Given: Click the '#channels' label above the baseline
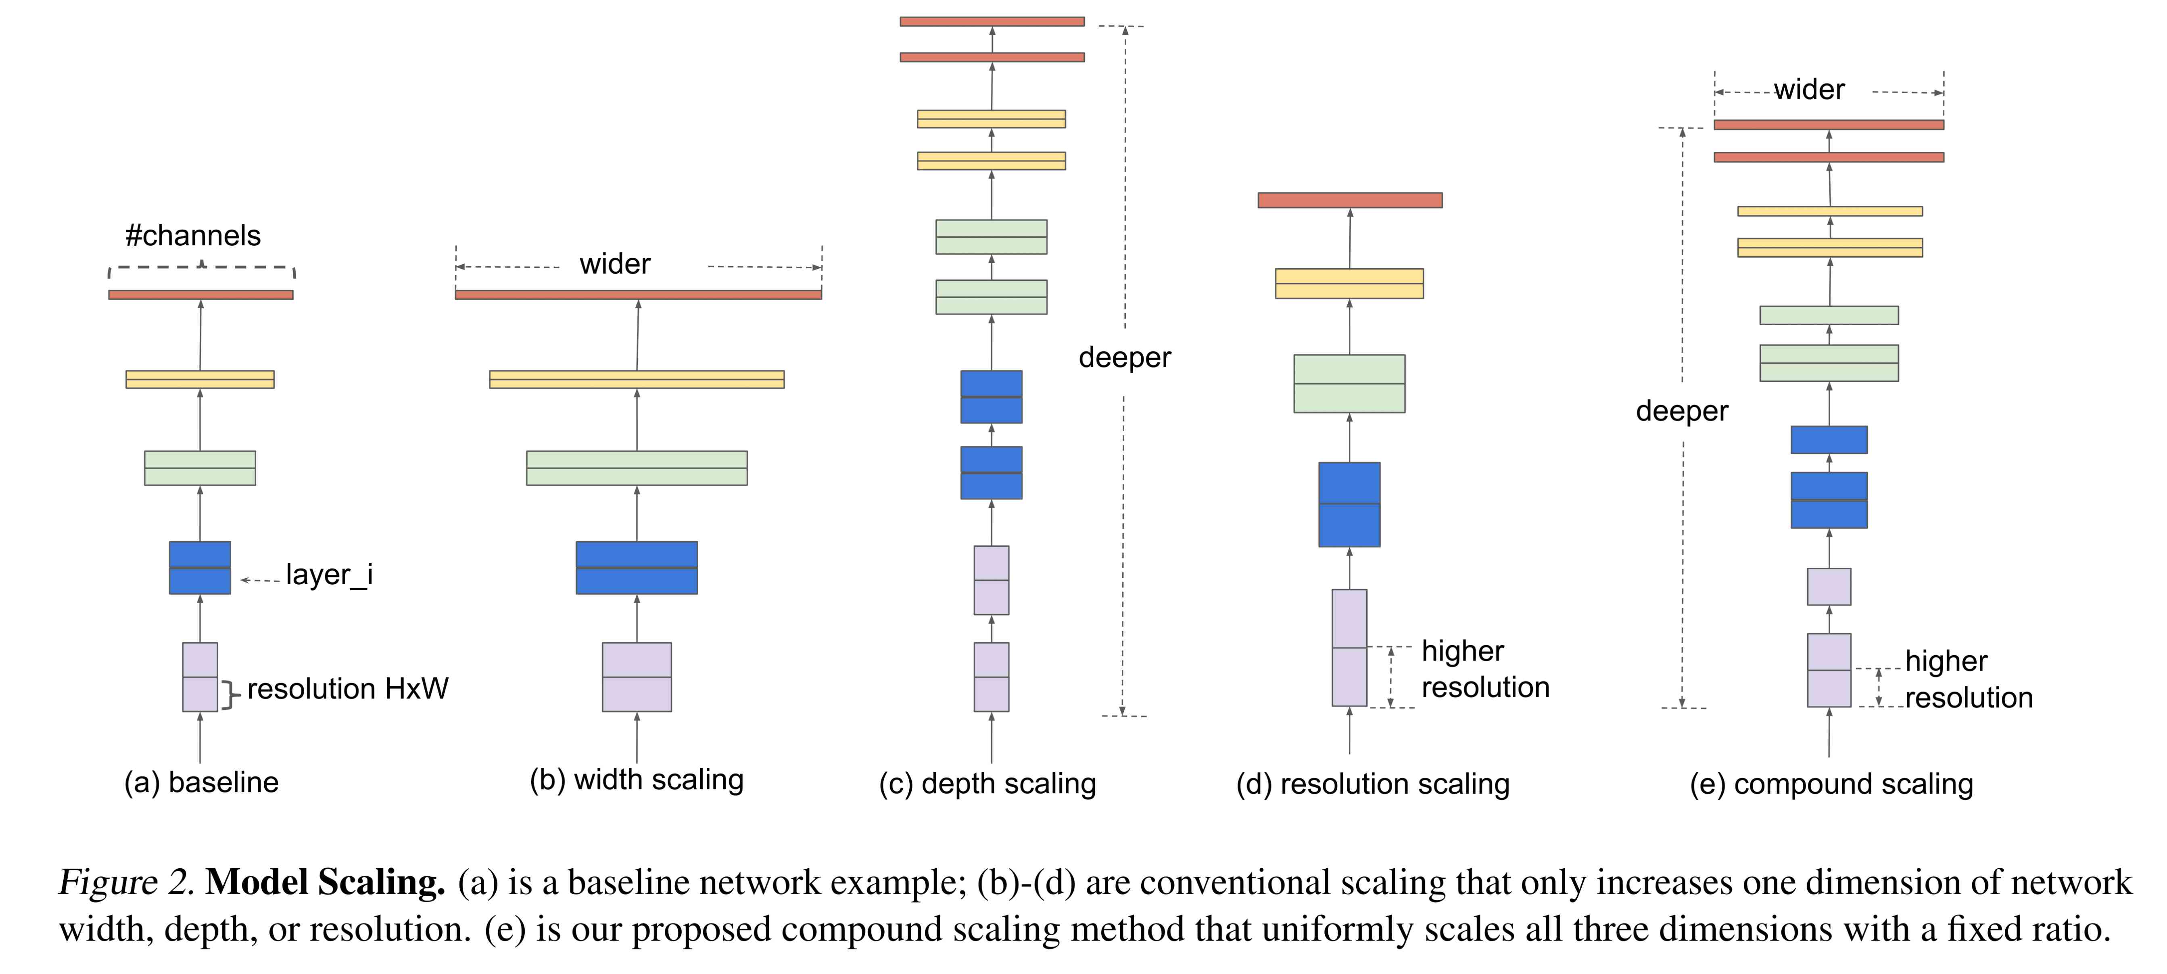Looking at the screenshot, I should (193, 236).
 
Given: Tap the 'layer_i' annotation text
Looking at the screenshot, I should (329, 575).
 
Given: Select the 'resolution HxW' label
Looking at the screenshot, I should (347, 689).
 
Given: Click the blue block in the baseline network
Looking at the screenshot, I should (200, 568).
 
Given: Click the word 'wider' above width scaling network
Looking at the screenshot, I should (615, 264).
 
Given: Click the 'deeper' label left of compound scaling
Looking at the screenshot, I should (1682, 411).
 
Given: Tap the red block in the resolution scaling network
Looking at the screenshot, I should (1350, 200).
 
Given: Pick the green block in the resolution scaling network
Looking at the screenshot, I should (1349, 384).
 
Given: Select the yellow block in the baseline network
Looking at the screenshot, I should (200, 379).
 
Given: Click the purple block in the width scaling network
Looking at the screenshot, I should (637, 677).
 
